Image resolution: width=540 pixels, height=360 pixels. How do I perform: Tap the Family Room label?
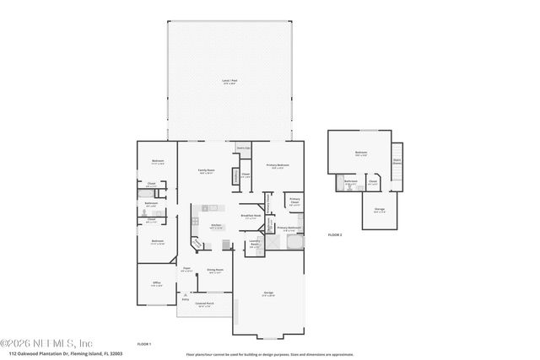(206, 171)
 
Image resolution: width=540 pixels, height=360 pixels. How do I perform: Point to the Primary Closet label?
(294, 201)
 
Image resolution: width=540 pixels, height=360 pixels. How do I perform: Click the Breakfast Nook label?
(251, 218)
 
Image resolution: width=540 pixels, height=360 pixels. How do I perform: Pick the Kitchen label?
(215, 226)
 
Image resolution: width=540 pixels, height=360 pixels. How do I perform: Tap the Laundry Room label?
(254, 245)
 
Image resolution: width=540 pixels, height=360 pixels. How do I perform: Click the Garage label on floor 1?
(267, 293)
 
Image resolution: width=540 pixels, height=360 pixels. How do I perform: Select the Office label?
(156, 283)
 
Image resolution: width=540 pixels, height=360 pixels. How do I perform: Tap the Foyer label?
(187, 270)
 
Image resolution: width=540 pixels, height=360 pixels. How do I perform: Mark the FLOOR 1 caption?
(143, 345)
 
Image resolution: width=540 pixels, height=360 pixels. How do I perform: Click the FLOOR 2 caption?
(335, 234)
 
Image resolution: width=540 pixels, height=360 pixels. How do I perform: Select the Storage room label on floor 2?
(379, 212)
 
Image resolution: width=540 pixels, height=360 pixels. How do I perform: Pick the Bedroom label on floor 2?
(360, 153)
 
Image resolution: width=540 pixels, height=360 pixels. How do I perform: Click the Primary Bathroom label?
(289, 228)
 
